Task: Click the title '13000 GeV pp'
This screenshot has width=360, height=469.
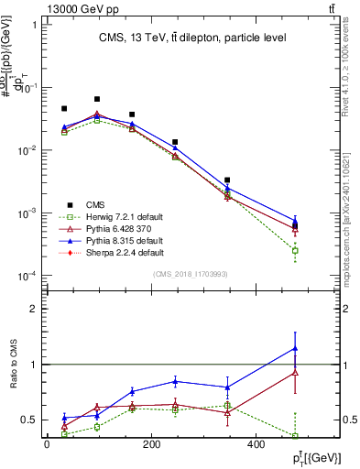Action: (76, 7)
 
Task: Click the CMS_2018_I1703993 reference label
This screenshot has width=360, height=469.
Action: (191, 275)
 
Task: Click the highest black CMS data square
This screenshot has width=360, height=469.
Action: (97, 99)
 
